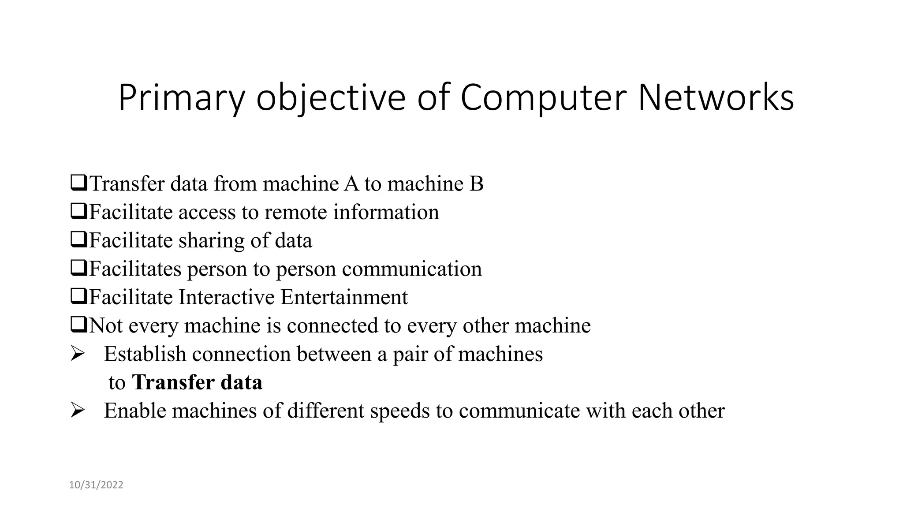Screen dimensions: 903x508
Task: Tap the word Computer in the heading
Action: (x=543, y=98)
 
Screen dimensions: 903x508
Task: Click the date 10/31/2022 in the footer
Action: (x=96, y=485)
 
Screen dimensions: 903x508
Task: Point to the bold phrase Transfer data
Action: (x=197, y=382)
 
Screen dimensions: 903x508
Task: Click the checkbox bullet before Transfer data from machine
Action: (x=78, y=183)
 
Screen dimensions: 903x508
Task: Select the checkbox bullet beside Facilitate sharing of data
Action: (x=78, y=240)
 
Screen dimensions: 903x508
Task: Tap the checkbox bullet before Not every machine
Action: (x=78, y=325)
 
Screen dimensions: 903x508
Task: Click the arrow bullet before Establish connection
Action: (x=77, y=354)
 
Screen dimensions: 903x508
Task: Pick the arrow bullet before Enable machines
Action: (x=77, y=411)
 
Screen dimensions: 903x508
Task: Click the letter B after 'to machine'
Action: (x=476, y=184)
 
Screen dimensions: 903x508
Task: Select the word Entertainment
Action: (x=344, y=297)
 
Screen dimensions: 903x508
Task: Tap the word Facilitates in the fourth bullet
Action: (x=135, y=269)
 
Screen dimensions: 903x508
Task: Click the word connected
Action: (x=332, y=326)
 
